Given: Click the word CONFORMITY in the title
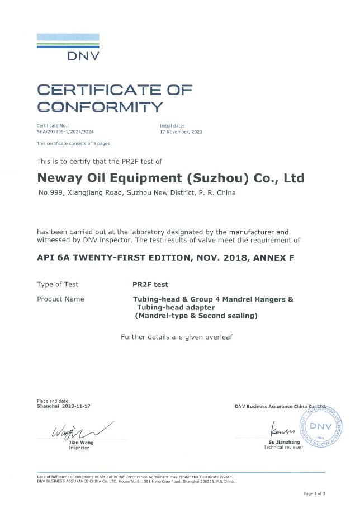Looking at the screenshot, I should click(100, 106).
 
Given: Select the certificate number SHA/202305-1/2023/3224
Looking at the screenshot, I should click(65, 132).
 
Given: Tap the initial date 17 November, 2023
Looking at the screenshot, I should click(181, 132).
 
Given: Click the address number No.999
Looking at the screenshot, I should click(50, 193).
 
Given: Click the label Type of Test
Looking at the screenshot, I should click(58, 284).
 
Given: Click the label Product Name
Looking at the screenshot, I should click(60, 299).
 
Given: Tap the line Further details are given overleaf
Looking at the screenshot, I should click(176, 337).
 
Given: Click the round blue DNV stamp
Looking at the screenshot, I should click(321, 424).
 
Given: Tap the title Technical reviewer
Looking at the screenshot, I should click(283, 448).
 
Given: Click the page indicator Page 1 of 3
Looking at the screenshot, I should click(314, 493).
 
